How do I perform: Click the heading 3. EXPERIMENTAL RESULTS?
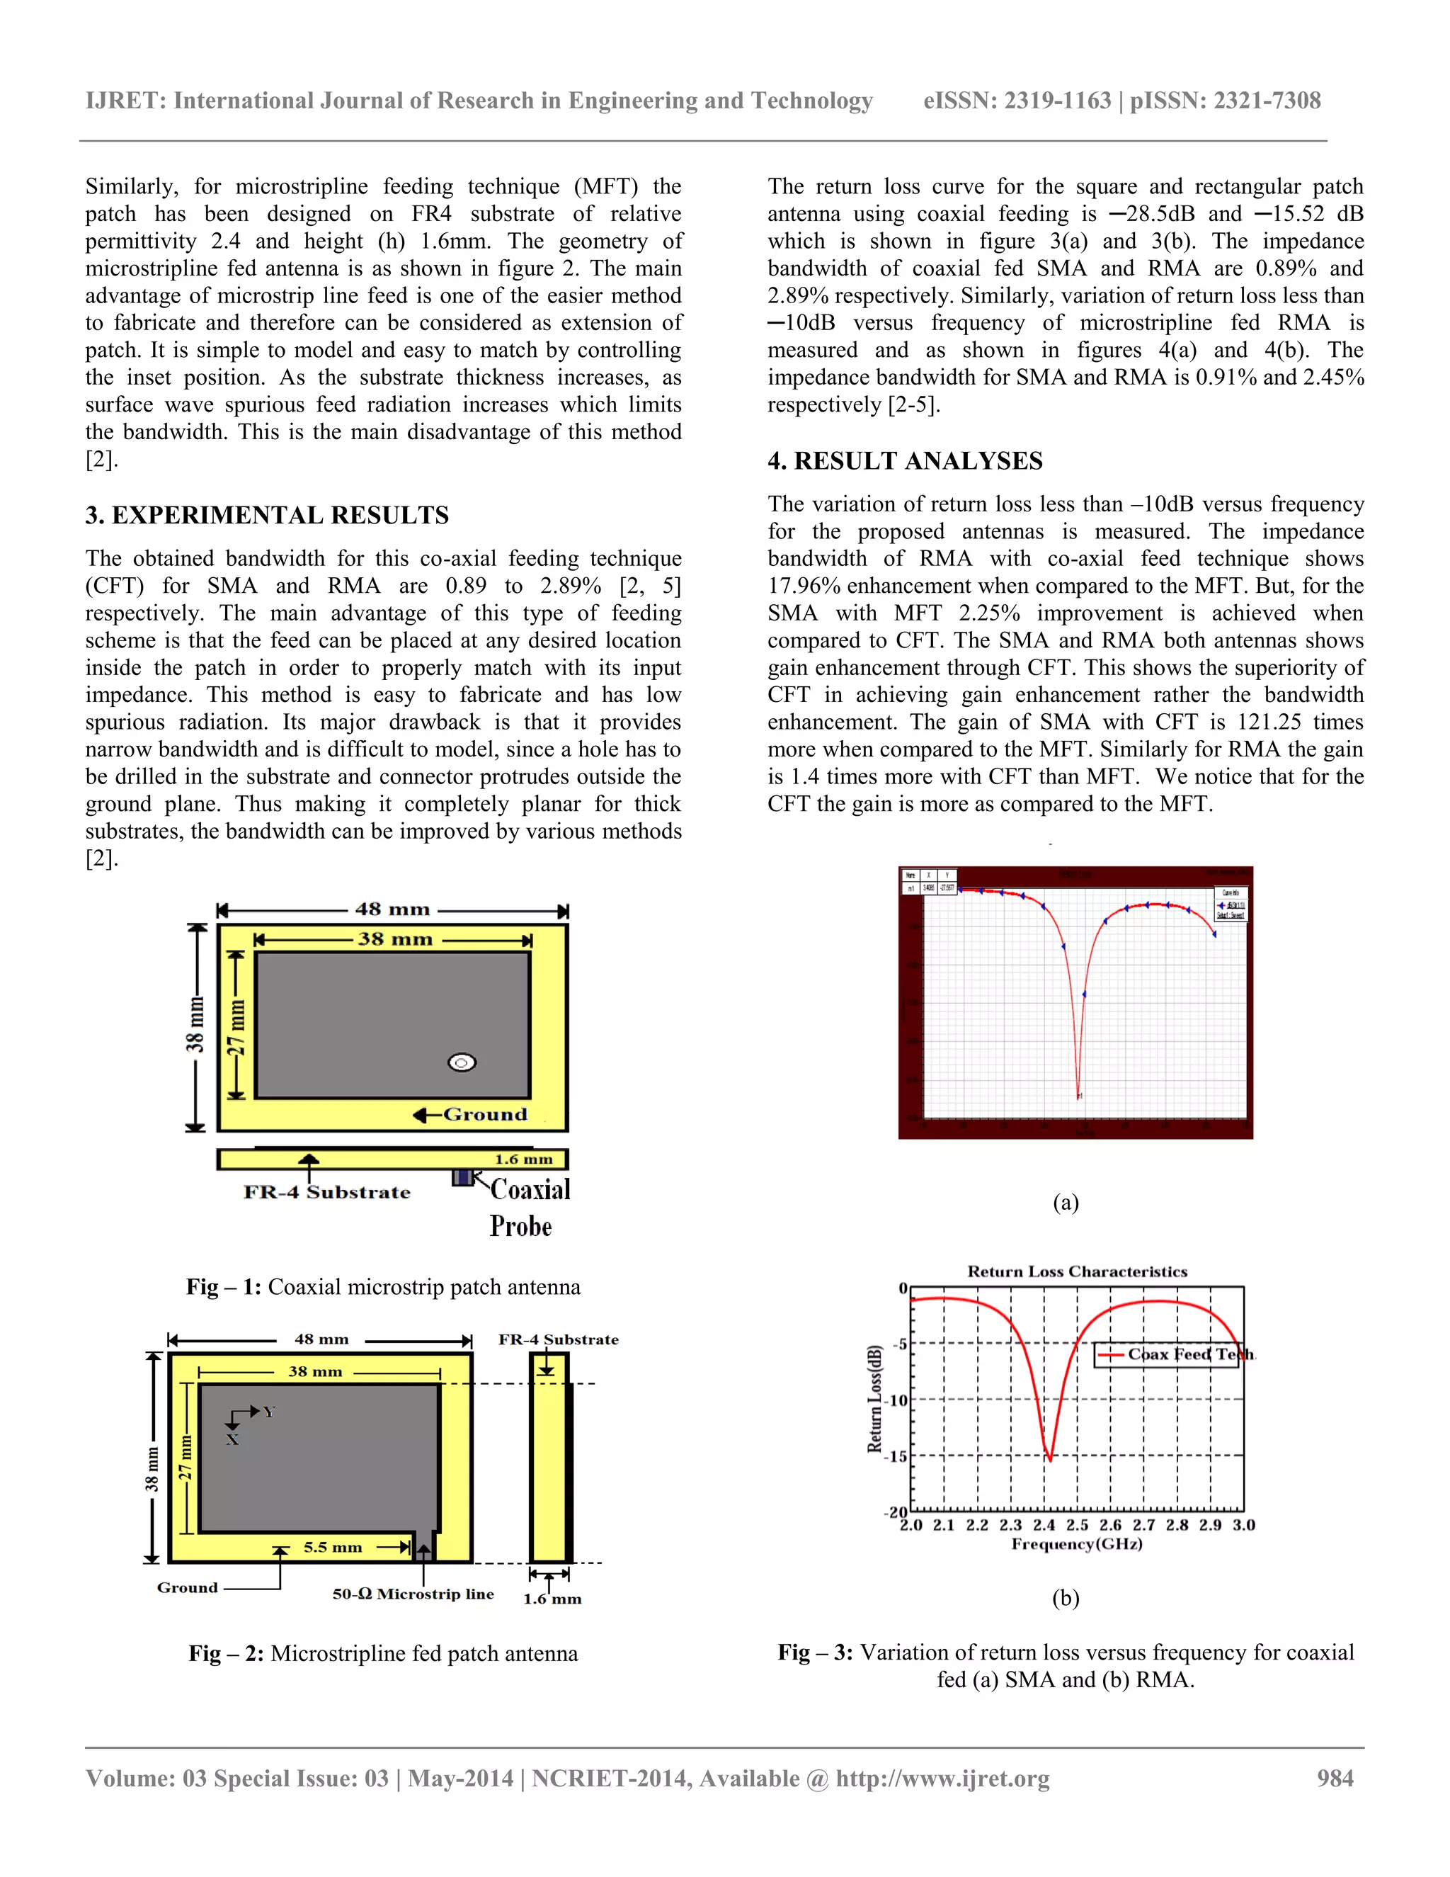coord(266,515)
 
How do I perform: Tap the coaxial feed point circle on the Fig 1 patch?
coord(462,1063)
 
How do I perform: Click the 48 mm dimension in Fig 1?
coord(392,909)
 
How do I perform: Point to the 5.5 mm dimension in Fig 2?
coord(333,1547)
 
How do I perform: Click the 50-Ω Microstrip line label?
coord(413,1594)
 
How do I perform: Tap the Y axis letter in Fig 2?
coord(269,1412)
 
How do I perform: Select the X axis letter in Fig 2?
coord(232,1439)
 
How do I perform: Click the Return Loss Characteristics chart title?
coord(1077,1271)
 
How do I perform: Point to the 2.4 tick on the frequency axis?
coord(1044,1525)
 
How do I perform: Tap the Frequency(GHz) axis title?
coord(1076,1543)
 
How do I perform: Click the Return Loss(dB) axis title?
coord(874,1398)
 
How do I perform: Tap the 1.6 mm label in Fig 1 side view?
coord(523,1159)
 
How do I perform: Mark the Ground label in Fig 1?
coord(484,1115)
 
